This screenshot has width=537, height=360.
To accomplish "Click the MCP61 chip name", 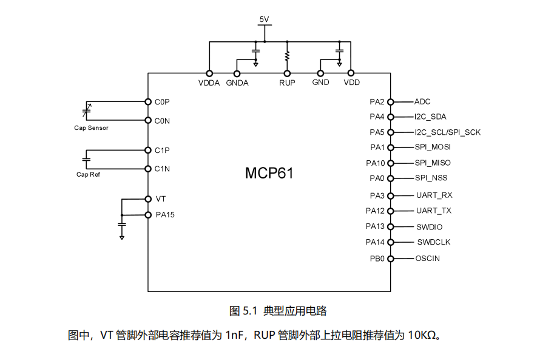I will tap(269, 173).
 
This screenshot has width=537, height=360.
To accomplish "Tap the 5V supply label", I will tap(264, 19).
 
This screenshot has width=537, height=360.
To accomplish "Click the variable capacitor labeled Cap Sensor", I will tap(86, 111).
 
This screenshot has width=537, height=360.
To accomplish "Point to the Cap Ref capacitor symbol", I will tap(86, 159).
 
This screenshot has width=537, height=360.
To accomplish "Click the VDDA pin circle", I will tap(209, 73).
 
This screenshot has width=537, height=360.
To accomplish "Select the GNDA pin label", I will tap(237, 83).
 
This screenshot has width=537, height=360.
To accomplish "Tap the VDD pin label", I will tap(351, 83).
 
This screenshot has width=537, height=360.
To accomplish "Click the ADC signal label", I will tap(423, 102).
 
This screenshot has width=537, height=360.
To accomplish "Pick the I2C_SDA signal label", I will tap(431, 117).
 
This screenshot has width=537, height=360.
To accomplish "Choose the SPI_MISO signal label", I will tap(433, 163).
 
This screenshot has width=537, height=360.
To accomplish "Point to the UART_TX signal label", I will tap(433, 211).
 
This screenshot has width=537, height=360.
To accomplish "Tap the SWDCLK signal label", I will tap(433, 242).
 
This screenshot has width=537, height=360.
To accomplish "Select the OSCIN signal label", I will tap(428, 259).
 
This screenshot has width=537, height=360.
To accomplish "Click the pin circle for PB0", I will tap(391, 259).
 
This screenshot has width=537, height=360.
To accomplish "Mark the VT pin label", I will tap(161, 199).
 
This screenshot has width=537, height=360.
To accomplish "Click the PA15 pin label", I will tap(165, 214).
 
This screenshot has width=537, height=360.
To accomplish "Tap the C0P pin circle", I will tap(148, 101).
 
